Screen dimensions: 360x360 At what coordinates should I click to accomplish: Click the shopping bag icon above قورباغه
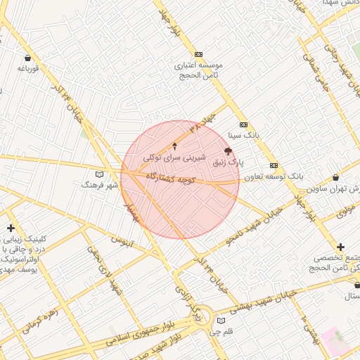27,58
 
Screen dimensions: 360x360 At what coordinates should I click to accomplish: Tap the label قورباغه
27,68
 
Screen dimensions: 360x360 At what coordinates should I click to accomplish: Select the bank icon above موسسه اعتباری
199,54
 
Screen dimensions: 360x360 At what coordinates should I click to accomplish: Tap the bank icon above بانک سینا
244,124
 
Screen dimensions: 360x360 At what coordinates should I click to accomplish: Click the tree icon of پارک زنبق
227,151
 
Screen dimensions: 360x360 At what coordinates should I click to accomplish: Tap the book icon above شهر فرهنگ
99,174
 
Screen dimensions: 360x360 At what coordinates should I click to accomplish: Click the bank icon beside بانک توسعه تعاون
274,165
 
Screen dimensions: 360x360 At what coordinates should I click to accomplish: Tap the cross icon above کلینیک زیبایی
10,228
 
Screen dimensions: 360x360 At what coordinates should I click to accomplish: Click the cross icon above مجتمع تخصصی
340,247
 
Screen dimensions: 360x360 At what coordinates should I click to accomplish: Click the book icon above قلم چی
222,321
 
